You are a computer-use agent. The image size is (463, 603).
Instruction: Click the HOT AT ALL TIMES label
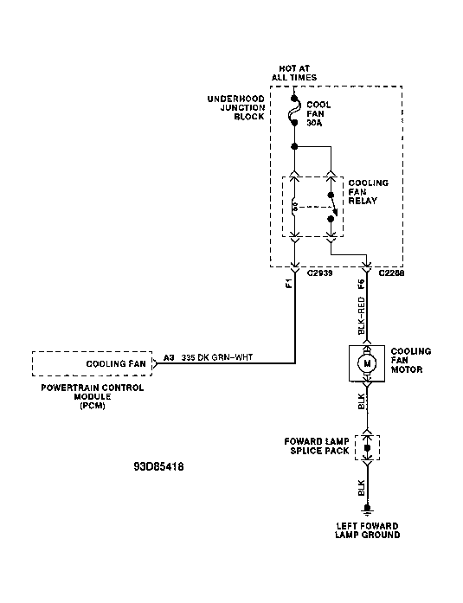coord(294,73)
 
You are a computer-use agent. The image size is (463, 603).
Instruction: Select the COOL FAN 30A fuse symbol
coord(294,111)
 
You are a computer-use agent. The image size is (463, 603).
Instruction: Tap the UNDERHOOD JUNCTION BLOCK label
coord(236,107)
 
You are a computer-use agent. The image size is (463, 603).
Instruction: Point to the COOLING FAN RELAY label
coord(368,191)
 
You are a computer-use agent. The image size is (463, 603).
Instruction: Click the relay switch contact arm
coord(333,204)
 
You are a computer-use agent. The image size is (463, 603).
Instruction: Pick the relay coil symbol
coord(294,207)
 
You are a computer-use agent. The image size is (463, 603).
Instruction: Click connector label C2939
coord(319,273)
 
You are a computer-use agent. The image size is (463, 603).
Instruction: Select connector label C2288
coord(391,273)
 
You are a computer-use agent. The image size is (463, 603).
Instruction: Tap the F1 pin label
coord(289,284)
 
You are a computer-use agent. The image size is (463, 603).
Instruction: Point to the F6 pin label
coord(361,284)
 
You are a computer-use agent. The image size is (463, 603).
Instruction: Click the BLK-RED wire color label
coord(361,316)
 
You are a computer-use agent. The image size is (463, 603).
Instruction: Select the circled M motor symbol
coord(367,363)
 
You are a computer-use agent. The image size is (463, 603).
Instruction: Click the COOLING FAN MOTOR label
coord(411,361)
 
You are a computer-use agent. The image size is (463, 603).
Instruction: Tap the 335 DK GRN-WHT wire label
coord(217,357)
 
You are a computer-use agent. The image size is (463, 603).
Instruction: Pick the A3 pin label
coord(169,357)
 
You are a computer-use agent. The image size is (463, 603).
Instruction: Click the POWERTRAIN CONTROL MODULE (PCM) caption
coord(93,396)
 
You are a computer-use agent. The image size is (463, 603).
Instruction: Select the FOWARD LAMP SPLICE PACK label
coord(317,446)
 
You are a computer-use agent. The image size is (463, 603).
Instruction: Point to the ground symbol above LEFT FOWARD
coord(367,510)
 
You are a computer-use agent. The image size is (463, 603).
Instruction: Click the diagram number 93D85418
coord(158,466)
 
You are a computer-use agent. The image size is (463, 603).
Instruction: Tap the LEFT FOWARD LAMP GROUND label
coord(367,530)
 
